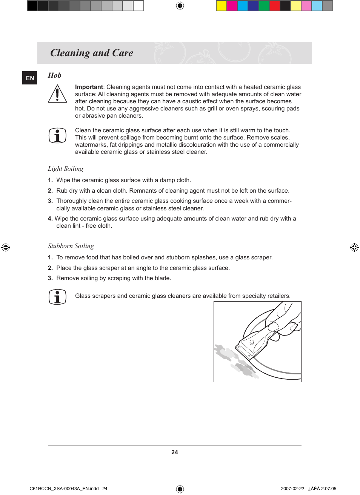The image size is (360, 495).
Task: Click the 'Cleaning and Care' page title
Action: pyautogui.click(x=92, y=53)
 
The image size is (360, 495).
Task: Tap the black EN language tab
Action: pyautogui.click(x=30, y=78)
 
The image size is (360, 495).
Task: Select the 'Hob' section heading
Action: pyautogui.click(x=54, y=75)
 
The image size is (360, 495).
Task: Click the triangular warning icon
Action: pyautogui.click(x=57, y=94)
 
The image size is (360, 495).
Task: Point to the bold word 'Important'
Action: pyautogui.click(x=89, y=87)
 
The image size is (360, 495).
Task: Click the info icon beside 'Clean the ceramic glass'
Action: pyautogui.click(x=57, y=135)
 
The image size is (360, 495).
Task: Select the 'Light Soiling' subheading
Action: pyautogui.click(x=66, y=169)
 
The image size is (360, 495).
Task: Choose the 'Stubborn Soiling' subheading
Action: pyautogui.click(x=71, y=246)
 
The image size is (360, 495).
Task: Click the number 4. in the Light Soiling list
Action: pyautogui.click(x=50, y=219)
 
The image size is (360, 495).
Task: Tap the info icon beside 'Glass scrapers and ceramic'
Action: pyautogui.click(x=57, y=297)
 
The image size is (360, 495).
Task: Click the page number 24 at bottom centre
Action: pyautogui.click(x=174, y=452)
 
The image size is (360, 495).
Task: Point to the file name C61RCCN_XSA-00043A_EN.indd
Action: pyautogui.click(x=64, y=489)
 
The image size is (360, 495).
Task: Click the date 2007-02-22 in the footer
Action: pyautogui.click(x=292, y=489)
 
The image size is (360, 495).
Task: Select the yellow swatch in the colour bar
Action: pyautogui.click(x=221, y=6)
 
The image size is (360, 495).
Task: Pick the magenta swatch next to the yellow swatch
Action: pyautogui.click(x=232, y=6)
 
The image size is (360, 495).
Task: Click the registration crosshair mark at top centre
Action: pyautogui.click(x=180, y=6)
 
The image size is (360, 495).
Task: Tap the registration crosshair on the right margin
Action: pyautogui.click(x=354, y=247)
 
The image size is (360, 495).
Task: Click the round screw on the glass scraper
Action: pyautogui.click(x=252, y=342)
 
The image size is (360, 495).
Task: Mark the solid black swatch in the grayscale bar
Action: pyautogui.click(x=32, y=6)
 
